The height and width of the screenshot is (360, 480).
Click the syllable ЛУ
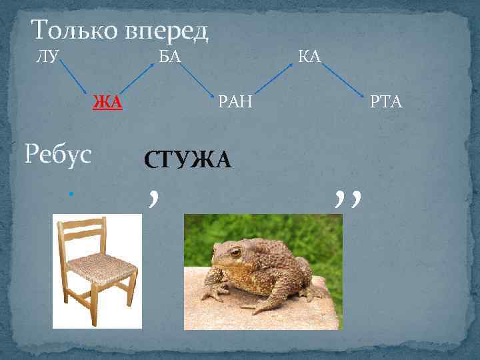pyautogui.click(x=46, y=56)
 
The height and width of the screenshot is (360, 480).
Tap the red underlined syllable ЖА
pyautogui.click(x=107, y=102)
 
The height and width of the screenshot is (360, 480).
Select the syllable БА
pyautogui.click(x=169, y=56)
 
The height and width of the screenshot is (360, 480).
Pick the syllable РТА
pyautogui.click(x=387, y=102)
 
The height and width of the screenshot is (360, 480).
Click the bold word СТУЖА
pyautogui.click(x=187, y=160)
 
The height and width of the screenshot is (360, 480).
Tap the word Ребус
pyautogui.click(x=57, y=155)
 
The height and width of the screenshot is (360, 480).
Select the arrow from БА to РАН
pyautogui.click(x=196, y=79)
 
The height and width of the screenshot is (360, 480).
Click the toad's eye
pyautogui.click(x=235, y=252)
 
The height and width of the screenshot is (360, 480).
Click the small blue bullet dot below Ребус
pyautogui.click(x=70, y=194)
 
